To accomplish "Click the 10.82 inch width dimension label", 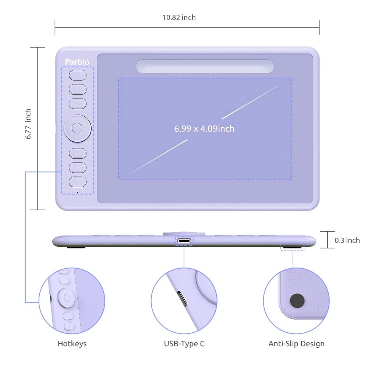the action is click(179, 17).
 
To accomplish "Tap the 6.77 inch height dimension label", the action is click(28, 124).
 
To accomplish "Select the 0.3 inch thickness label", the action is click(347, 240).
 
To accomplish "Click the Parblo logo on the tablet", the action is click(77, 62).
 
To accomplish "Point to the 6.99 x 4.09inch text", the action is click(204, 128).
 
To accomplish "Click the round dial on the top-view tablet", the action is click(77, 128).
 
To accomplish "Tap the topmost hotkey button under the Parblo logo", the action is click(78, 75).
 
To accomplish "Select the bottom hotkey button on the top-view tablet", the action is click(78, 182).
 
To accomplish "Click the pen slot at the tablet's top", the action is click(205, 66).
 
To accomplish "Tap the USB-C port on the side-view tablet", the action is click(184, 241).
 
